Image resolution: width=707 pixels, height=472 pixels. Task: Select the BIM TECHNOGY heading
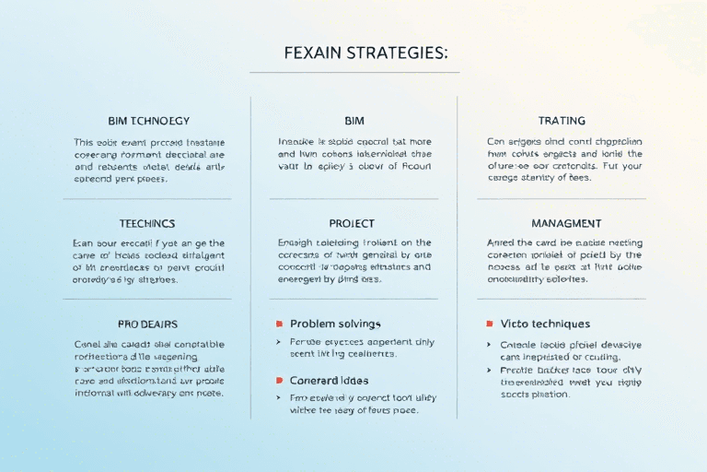click(148, 121)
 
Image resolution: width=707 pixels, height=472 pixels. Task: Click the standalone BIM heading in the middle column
click(353, 121)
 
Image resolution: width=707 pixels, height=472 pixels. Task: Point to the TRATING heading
click(562, 121)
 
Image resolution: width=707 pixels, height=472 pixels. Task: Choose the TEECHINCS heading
click(147, 223)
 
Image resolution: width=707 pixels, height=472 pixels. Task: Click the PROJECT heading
click(353, 223)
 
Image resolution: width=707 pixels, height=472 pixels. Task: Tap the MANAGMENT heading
click(566, 223)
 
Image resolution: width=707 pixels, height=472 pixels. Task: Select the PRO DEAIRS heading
click(147, 324)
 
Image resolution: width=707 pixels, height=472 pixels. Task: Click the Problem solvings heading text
click(335, 324)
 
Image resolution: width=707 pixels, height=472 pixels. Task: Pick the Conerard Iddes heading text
click(330, 380)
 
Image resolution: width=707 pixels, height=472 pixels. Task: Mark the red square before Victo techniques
click(489, 324)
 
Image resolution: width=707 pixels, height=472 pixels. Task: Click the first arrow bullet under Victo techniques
click(489, 344)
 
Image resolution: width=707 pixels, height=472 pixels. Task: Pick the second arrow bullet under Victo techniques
click(489, 370)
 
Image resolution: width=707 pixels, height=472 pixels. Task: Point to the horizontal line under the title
click(353, 72)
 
